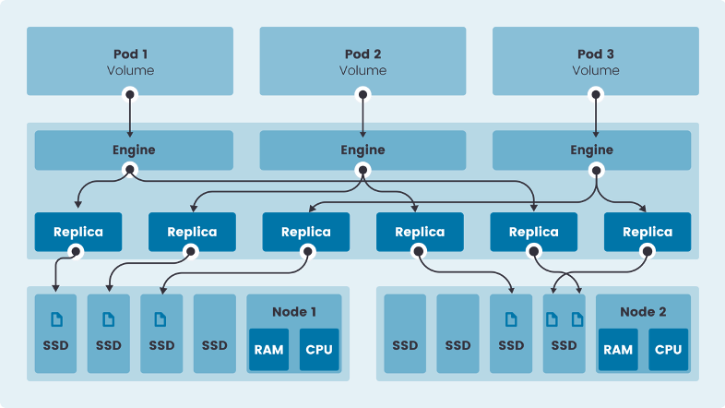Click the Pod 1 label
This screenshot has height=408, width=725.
(130, 54)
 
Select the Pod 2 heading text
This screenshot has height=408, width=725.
(362, 54)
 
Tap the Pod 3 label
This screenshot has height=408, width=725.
(595, 54)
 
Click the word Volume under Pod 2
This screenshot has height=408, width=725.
(362, 70)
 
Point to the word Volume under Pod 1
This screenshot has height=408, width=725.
(130, 70)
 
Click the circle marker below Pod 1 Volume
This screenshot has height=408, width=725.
(130, 94)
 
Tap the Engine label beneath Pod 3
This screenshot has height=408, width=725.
(591, 150)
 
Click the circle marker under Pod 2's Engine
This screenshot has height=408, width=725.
(362, 170)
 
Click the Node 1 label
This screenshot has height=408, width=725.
(294, 312)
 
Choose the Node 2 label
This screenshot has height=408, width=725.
(643, 312)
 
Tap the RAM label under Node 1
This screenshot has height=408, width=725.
(268, 350)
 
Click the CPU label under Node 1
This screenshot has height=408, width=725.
(319, 350)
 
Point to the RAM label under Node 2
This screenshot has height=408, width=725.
(618, 350)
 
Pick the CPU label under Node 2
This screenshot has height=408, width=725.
(669, 350)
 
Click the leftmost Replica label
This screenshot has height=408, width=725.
(78, 232)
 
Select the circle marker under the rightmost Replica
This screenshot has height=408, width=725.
(648, 251)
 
